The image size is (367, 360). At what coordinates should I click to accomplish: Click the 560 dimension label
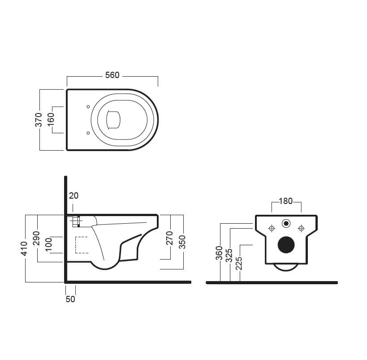pyautogui.click(x=112, y=75)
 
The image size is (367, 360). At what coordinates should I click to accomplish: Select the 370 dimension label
pyautogui.click(x=39, y=120)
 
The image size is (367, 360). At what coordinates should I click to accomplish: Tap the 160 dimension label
pyautogui.click(x=51, y=119)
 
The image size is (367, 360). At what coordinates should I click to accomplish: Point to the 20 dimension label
pyautogui.click(x=74, y=195)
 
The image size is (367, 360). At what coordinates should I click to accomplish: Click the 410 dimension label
pyautogui.click(x=24, y=248)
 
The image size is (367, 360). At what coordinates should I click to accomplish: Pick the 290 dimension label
pyautogui.click(x=36, y=238)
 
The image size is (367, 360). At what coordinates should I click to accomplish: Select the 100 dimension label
pyautogui.click(x=49, y=244)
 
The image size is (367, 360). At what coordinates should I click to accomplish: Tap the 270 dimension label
pyautogui.click(x=169, y=238)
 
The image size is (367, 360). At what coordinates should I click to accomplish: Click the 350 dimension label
pyautogui.click(x=182, y=242)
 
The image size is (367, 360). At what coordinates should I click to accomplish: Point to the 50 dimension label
pyautogui.click(x=70, y=299)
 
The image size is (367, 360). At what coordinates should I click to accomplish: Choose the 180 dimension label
pyautogui.click(x=286, y=201)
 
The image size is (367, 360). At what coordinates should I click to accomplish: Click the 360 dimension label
pyautogui.click(x=219, y=253)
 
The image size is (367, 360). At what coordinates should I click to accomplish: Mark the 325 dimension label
pyautogui.click(x=229, y=255)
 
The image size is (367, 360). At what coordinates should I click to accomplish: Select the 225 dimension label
pyautogui.click(x=239, y=263)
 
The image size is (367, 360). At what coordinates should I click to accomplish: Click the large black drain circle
pyautogui.click(x=286, y=245)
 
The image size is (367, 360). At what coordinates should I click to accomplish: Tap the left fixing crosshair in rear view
pyautogui.click(x=272, y=228)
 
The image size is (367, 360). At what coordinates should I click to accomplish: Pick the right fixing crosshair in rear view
pyautogui.click(x=301, y=228)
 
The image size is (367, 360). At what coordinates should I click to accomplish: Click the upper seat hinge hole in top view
pyautogui.click(x=88, y=107)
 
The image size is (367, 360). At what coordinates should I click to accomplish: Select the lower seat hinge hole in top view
pyautogui.click(x=88, y=133)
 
